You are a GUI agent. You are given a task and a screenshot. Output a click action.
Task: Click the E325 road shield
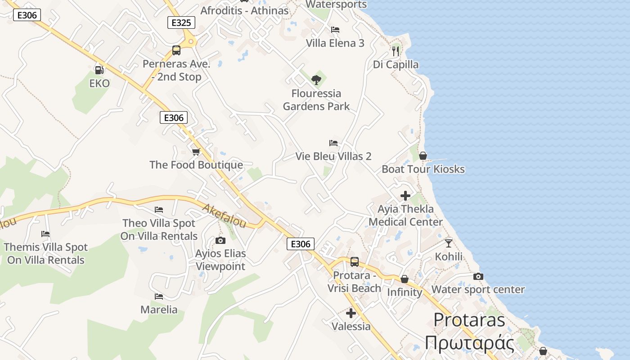[x=181, y=22]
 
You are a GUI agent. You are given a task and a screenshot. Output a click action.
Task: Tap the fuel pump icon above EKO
[x=99, y=70]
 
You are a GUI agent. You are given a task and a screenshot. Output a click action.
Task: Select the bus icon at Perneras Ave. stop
[x=176, y=50]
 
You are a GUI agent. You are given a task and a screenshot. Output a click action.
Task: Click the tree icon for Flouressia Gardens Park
[x=316, y=80]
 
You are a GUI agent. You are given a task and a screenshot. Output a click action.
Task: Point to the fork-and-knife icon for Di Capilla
[x=396, y=51]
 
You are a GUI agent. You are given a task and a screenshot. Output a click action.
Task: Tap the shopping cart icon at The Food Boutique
[x=196, y=152]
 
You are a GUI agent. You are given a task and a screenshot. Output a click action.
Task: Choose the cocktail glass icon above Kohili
[x=449, y=243]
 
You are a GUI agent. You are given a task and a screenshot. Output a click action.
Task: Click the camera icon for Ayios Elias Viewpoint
[x=220, y=240]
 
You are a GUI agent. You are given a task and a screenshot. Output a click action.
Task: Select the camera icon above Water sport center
[x=478, y=276]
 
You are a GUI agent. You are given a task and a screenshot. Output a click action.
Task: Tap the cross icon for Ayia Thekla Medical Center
[x=405, y=196]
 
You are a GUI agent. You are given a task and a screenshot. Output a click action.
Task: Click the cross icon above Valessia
[x=351, y=313]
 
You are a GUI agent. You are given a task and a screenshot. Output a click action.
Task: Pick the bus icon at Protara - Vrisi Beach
[x=355, y=262]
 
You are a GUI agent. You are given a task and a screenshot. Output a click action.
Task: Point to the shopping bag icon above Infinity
[x=405, y=279]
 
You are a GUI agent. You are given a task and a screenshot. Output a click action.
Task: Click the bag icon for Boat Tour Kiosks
[x=423, y=156]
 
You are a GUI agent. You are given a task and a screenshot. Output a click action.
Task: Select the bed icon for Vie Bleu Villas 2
[x=333, y=143]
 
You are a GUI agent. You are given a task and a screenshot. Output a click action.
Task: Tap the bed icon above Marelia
[x=159, y=297]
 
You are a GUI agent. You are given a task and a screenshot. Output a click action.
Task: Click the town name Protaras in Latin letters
[x=469, y=319]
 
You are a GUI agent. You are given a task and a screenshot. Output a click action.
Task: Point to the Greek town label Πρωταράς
[x=469, y=342]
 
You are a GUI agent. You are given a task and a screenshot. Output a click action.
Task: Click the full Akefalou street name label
[x=224, y=216]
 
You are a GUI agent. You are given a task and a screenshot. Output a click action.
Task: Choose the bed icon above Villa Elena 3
[x=335, y=30]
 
